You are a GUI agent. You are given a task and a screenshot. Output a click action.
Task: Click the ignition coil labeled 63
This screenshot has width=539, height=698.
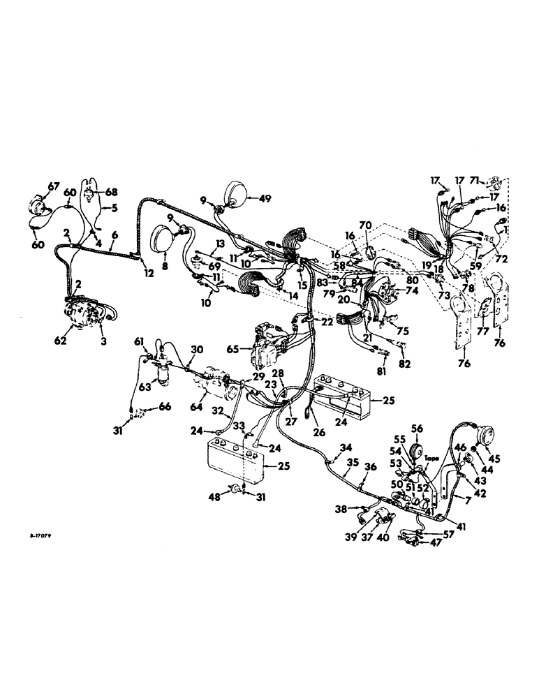coord(163,372)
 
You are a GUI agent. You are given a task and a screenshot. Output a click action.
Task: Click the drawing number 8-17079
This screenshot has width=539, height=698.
coord(43,535)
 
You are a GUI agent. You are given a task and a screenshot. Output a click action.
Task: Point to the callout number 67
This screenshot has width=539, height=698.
coord(54,185)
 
